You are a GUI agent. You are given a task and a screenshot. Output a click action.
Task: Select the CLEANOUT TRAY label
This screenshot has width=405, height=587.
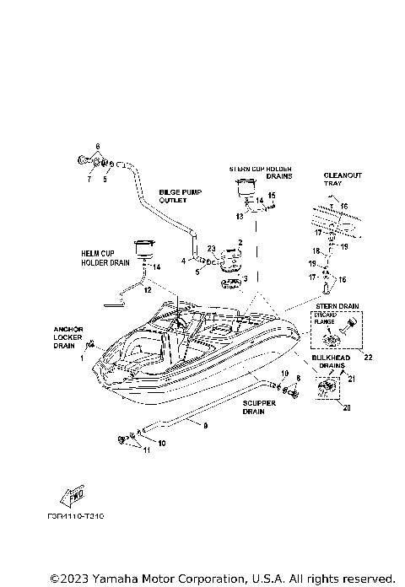(343, 180)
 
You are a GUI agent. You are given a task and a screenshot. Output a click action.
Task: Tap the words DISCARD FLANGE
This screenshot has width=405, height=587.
(324, 324)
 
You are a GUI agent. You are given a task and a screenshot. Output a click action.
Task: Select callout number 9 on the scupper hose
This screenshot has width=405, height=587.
(204, 426)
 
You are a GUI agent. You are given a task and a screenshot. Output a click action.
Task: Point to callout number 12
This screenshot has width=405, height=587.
(147, 289)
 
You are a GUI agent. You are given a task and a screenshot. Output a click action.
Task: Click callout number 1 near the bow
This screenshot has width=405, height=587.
(83, 358)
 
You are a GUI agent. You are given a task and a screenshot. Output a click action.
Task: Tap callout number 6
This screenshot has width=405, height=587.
(97, 146)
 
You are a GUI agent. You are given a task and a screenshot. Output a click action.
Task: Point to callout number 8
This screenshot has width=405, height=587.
(297, 380)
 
